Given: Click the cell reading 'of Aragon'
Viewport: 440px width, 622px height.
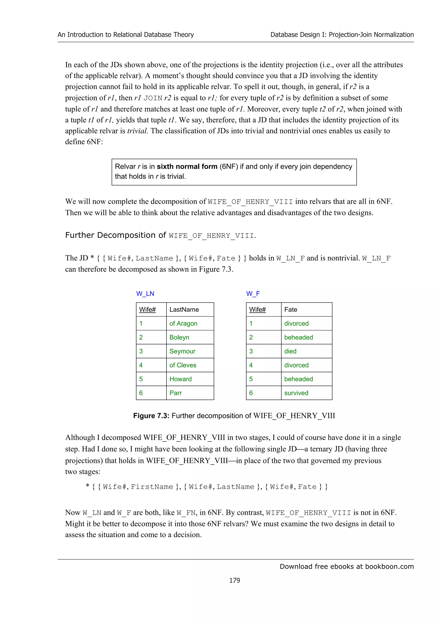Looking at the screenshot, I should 183,323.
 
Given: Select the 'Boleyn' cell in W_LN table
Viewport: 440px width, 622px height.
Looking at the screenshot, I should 179,337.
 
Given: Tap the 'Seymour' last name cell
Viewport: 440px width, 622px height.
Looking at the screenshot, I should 182,351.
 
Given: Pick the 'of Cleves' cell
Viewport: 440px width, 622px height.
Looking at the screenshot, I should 183,365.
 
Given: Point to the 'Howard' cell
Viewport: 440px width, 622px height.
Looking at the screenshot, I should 180,379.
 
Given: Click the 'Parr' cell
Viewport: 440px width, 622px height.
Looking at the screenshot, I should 175,393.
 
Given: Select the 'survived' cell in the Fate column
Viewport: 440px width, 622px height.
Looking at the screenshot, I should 296,393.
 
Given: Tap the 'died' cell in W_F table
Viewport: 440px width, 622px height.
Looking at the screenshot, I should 290,351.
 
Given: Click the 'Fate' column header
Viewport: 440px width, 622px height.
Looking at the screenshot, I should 291,310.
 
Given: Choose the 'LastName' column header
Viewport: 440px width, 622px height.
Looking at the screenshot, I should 184,310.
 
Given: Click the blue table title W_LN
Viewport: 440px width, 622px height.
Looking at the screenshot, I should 145,294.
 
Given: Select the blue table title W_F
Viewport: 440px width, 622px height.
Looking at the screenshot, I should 253,294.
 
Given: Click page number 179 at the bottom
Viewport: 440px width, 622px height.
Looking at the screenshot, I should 235,580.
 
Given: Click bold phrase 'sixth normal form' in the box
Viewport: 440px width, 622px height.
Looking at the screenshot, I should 187,166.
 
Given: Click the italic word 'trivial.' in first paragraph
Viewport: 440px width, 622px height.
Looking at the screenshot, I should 137,131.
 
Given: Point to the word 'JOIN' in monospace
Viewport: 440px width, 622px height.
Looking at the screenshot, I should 153,98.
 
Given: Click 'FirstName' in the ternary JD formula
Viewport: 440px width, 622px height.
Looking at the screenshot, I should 152,487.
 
